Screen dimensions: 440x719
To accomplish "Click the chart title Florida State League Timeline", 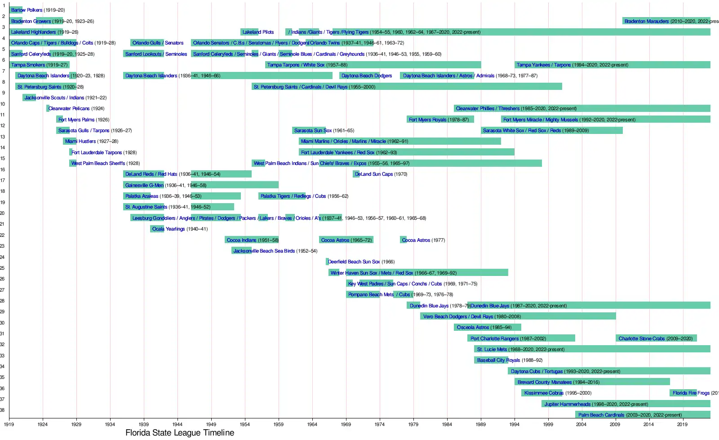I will pyautogui.click(x=180, y=433).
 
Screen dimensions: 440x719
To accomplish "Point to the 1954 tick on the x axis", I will pyautogui.click(x=244, y=424).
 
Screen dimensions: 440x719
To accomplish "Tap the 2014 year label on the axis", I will pyautogui.click(x=648, y=424).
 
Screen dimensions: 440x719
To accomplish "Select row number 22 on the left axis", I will pyautogui.click(x=3, y=235).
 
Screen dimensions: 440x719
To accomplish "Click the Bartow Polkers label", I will pyautogui.click(x=27, y=10).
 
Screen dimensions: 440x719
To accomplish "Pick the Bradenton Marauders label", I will pyautogui.click(x=646, y=21).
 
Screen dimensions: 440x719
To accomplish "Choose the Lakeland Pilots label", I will pyautogui.click(x=258, y=32).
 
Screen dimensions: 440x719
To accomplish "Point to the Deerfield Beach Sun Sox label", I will pyautogui.click(x=354, y=262).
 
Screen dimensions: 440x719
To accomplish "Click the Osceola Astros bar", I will pyautogui.click(x=488, y=327).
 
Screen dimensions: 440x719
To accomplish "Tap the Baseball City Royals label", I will pyautogui.click(x=498, y=360).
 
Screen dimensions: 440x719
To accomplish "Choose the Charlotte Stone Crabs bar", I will pyautogui.click(x=656, y=338).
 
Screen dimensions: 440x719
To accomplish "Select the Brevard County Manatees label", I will pyautogui.click(x=544, y=382).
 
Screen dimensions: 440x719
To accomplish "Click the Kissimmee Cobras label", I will pyautogui.click(x=544, y=393).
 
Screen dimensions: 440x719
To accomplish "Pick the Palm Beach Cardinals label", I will pyautogui.click(x=601, y=415).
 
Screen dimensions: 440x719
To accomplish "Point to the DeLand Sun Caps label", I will pyautogui.click(x=374, y=174).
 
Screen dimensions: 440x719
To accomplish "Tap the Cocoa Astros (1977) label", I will pyautogui.click(x=416, y=240).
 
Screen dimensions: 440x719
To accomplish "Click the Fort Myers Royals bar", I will pyautogui.click(x=440, y=120).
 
